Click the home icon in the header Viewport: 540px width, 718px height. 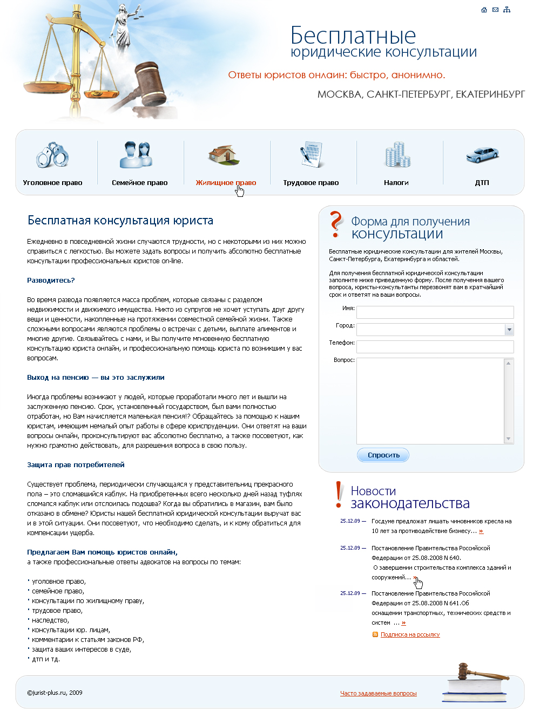tap(484, 10)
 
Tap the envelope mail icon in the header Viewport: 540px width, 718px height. tap(495, 10)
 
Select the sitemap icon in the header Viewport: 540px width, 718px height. tap(507, 10)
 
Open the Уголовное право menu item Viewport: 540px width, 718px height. tap(52, 183)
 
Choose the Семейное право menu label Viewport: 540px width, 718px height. tap(139, 183)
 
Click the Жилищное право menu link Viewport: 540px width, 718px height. tap(226, 183)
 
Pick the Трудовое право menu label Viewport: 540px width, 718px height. tap(311, 183)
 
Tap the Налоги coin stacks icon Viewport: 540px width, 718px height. tap(397, 155)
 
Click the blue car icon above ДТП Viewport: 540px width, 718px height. tap(482, 155)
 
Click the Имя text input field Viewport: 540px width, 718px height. tap(435, 312)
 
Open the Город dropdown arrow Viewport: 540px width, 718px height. tap(509, 330)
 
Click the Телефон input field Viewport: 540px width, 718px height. tap(435, 347)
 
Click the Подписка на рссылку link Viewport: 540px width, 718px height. tap(410, 635)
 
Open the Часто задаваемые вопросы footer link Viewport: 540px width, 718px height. tap(378, 694)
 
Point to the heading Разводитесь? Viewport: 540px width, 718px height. tap(51, 281)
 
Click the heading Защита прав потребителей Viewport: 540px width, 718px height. tap(76, 465)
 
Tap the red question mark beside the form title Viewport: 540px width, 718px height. tap(336, 224)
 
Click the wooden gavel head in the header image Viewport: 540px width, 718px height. tap(148, 76)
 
